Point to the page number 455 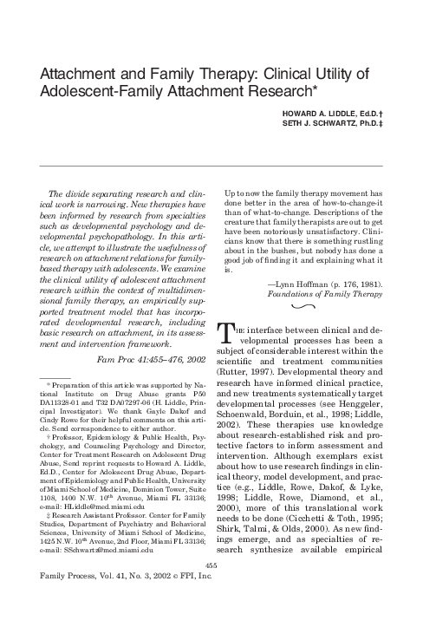[210, 587]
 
